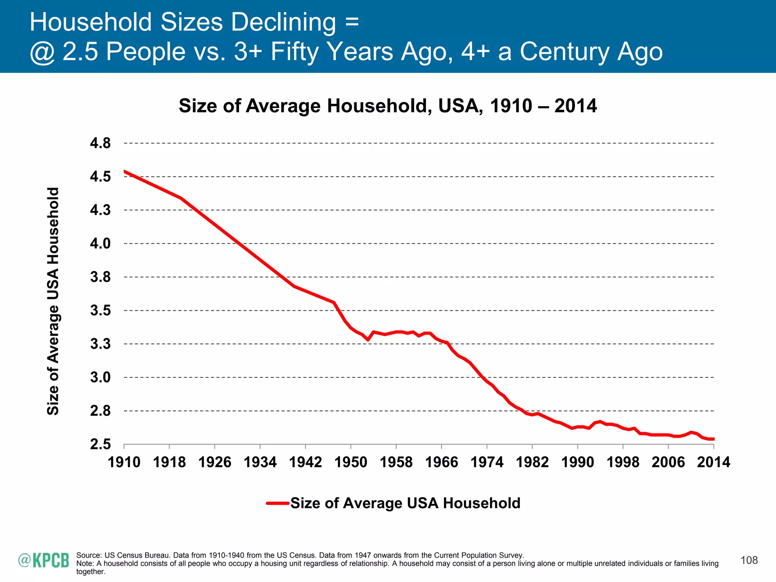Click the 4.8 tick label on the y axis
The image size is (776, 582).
click(x=100, y=143)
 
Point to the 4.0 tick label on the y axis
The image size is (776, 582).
click(x=100, y=243)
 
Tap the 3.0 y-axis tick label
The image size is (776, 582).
click(x=100, y=377)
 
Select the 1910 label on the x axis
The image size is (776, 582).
click(x=124, y=462)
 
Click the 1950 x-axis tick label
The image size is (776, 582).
click(x=351, y=462)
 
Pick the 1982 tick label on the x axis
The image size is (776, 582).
click(x=532, y=462)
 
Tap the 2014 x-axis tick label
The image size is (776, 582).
click(x=713, y=462)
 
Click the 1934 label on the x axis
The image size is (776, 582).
click(x=260, y=462)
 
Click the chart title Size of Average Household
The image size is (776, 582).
click(x=387, y=106)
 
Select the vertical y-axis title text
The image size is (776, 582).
click(x=53, y=301)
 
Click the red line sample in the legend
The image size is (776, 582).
click(x=278, y=504)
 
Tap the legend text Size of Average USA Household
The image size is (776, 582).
click(x=405, y=503)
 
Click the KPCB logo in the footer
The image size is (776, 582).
click(x=44, y=560)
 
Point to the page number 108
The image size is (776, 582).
click(x=749, y=560)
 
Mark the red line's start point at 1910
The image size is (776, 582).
click(x=125, y=171)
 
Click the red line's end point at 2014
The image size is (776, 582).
click(x=713, y=439)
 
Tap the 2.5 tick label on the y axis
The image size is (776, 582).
click(x=100, y=444)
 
